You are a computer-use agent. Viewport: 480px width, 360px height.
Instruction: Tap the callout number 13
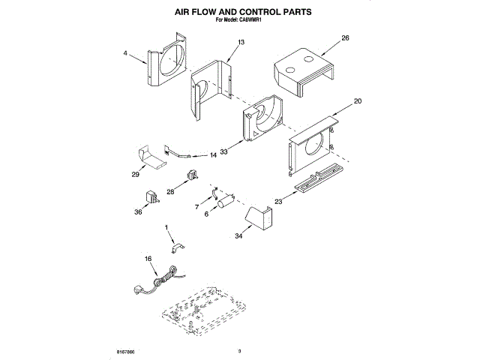[241, 44]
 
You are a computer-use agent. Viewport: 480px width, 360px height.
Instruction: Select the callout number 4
[125, 53]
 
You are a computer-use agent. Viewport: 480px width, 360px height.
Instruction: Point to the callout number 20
[358, 100]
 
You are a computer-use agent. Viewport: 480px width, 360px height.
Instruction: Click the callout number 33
[224, 151]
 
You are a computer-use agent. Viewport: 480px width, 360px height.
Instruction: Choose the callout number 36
[137, 212]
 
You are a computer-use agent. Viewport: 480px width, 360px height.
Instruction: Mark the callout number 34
[238, 236]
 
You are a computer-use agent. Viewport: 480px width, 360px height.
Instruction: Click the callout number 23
[277, 200]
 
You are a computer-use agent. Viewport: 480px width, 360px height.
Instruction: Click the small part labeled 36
[150, 196]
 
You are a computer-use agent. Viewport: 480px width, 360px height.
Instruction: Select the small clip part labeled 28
[190, 177]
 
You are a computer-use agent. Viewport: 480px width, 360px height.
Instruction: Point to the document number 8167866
[127, 350]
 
